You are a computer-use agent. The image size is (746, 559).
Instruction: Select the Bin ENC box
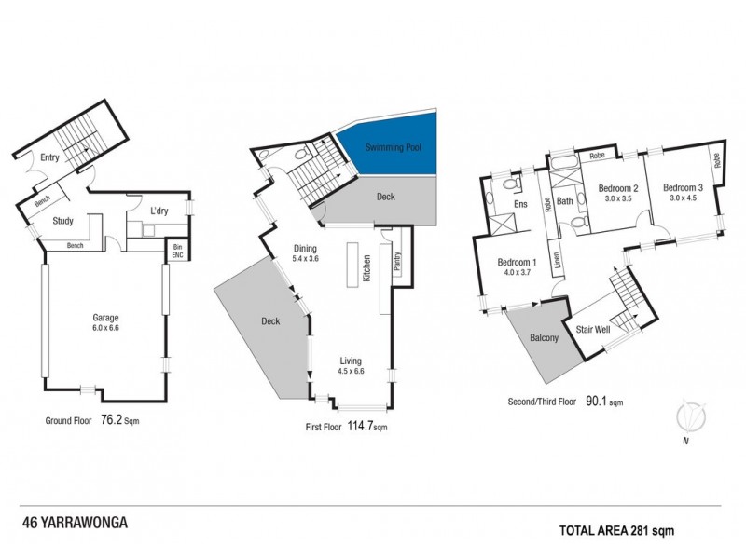pyautogui.click(x=176, y=251)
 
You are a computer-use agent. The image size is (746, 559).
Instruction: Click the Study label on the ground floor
pyautogui.click(x=63, y=221)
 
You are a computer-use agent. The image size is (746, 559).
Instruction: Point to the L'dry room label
pyautogui.click(x=159, y=211)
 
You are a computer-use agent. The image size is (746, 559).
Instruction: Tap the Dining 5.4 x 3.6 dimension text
pyautogui.click(x=306, y=258)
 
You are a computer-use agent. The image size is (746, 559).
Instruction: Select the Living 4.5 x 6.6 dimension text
pyautogui.click(x=351, y=372)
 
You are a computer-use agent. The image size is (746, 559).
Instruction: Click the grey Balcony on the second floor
pyautogui.click(x=544, y=339)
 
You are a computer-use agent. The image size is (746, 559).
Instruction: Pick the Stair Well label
pyautogui.click(x=594, y=329)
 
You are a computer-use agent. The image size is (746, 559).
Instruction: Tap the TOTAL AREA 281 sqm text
pyautogui.click(x=615, y=530)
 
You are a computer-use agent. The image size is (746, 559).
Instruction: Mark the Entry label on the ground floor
pyautogui.click(x=49, y=158)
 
